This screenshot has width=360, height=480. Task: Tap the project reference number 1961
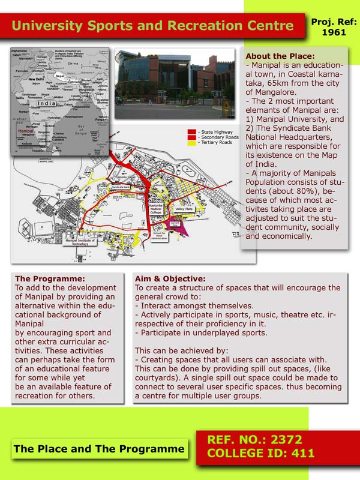click(334, 32)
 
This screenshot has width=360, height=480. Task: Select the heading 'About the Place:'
click(275, 56)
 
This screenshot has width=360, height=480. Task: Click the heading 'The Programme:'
click(50, 279)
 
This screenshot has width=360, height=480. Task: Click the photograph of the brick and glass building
click(175, 84)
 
